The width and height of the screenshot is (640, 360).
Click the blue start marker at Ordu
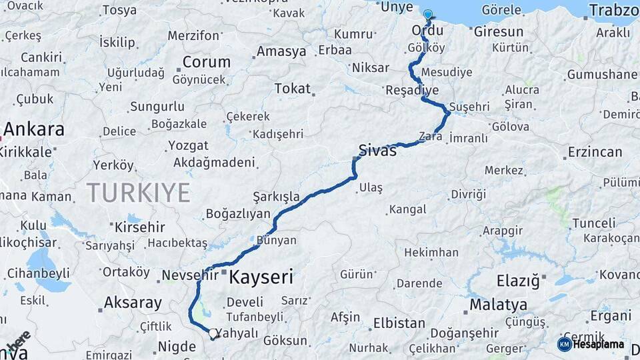(427, 13)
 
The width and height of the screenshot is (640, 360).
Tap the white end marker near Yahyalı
(213, 333)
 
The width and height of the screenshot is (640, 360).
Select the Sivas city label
(377, 150)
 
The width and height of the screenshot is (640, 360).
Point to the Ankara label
(34, 129)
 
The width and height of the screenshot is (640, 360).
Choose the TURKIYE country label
(138, 193)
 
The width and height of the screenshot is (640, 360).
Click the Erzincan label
(595, 152)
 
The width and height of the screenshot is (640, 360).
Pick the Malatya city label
(498, 305)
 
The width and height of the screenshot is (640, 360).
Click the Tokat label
(292, 89)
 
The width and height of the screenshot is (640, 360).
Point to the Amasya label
(281, 51)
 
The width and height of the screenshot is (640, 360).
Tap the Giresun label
(499, 31)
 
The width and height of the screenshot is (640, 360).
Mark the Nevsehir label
(191, 275)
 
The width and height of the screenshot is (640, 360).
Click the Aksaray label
(133, 303)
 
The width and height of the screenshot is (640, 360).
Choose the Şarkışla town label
(276, 197)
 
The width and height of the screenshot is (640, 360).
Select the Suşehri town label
(469, 107)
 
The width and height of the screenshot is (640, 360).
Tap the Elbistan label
(399, 323)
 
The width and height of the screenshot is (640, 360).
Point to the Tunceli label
(593, 223)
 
